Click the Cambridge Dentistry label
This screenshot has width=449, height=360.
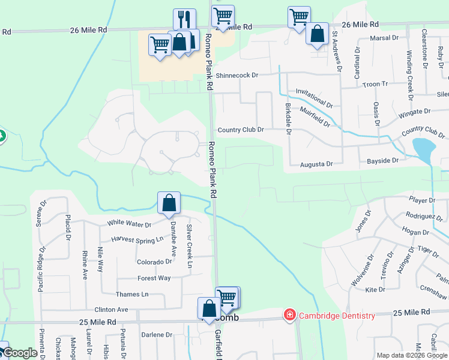pyautogui.click(x=337, y=316)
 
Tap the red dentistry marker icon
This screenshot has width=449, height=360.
pyautogui.click(x=290, y=315)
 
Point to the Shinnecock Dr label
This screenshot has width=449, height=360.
pyautogui.click(x=237, y=76)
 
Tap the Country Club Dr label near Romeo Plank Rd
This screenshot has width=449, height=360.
pyautogui.click(x=241, y=130)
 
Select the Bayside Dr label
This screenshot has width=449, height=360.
pyautogui.click(x=382, y=161)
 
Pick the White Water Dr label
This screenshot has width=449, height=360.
pyautogui.click(x=130, y=223)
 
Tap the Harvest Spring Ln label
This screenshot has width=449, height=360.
pyautogui.click(x=137, y=239)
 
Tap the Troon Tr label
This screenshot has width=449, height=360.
pyautogui.click(x=376, y=85)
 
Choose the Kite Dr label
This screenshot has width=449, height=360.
pyautogui.click(x=375, y=290)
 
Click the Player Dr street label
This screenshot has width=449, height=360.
pyautogui.click(x=422, y=200)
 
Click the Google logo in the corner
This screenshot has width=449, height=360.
pyautogui.click(x=20, y=353)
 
